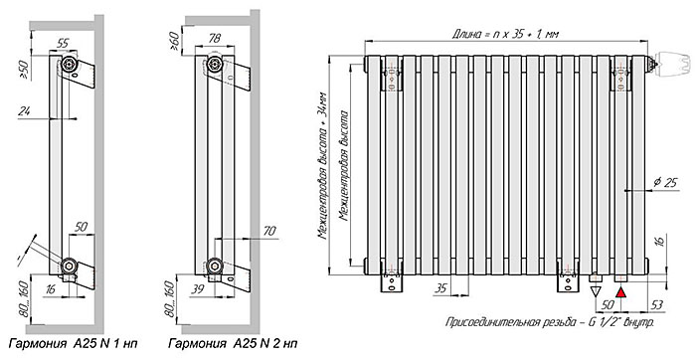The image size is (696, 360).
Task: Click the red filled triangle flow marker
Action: click(621, 292)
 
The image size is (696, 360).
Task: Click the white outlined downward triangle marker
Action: click(596, 292)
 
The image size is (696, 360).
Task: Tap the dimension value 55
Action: click(64, 43)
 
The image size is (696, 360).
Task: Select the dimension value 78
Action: click(215, 38)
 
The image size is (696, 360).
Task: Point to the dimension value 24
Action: click(25, 111)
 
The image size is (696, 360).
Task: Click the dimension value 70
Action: click(269, 232)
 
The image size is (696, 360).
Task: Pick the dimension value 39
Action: click(198, 289)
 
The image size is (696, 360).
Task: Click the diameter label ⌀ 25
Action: click(667, 182)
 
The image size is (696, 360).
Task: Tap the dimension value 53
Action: click(658, 304)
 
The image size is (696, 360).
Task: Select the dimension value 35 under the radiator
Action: click(440, 288)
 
